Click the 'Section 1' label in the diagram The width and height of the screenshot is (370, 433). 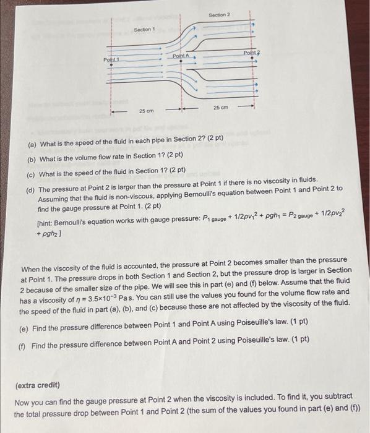tap(144, 30)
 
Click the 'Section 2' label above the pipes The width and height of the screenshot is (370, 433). tap(220, 14)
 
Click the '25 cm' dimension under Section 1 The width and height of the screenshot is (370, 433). tap(146, 111)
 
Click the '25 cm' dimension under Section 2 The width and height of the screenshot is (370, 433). tap(221, 108)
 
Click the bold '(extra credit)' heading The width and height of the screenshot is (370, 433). tap(37, 385)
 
